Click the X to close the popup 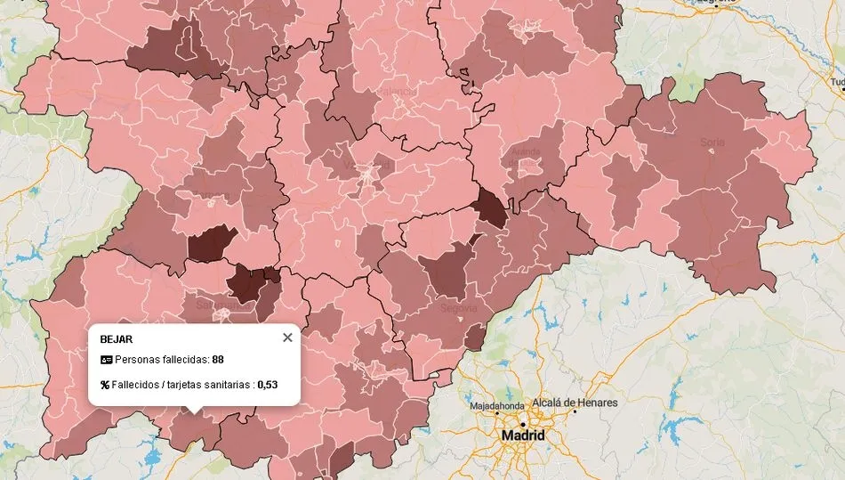(x=286, y=338)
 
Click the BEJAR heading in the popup (x=117, y=339)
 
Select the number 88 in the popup (x=218, y=360)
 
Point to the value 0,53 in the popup (x=268, y=385)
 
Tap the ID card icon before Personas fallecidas (x=106, y=360)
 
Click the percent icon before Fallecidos (x=105, y=385)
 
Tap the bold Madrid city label (x=523, y=435)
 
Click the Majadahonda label (x=497, y=406)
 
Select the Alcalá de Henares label (x=575, y=403)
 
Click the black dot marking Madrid (x=523, y=423)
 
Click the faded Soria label (x=712, y=142)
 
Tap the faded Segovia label (x=459, y=308)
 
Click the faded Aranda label (x=525, y=152)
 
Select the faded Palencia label (x=397, y=91)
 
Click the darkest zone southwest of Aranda (x=488, y=207)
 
